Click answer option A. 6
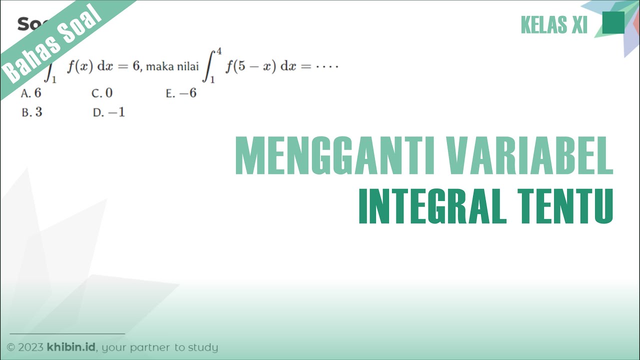pos(31,93)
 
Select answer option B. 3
pos(32,112)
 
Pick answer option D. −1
pos(109,112)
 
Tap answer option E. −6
pos(181,93)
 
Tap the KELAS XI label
pos(554,24)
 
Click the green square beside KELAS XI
pos(613,23)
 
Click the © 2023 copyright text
pos(25,347)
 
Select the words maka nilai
pos(172,67)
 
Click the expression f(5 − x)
pos(250,67)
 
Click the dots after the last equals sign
pos(328,67)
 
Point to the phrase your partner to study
pos(160,347)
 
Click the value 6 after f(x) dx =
pos(135,67)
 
